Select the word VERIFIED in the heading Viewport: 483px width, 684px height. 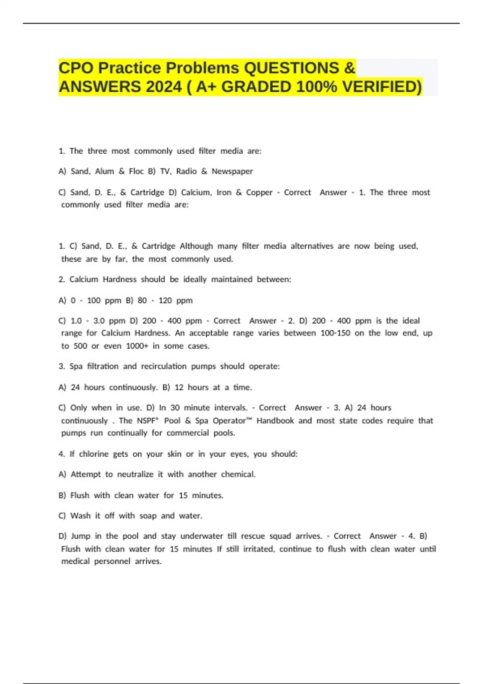(x=382, y=87)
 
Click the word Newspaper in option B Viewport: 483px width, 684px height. (x=232, y=171)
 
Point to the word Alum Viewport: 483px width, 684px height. (x=105, y=171)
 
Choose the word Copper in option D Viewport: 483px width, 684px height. (x=259, y=192)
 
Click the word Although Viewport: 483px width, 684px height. (x=196, y=246)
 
